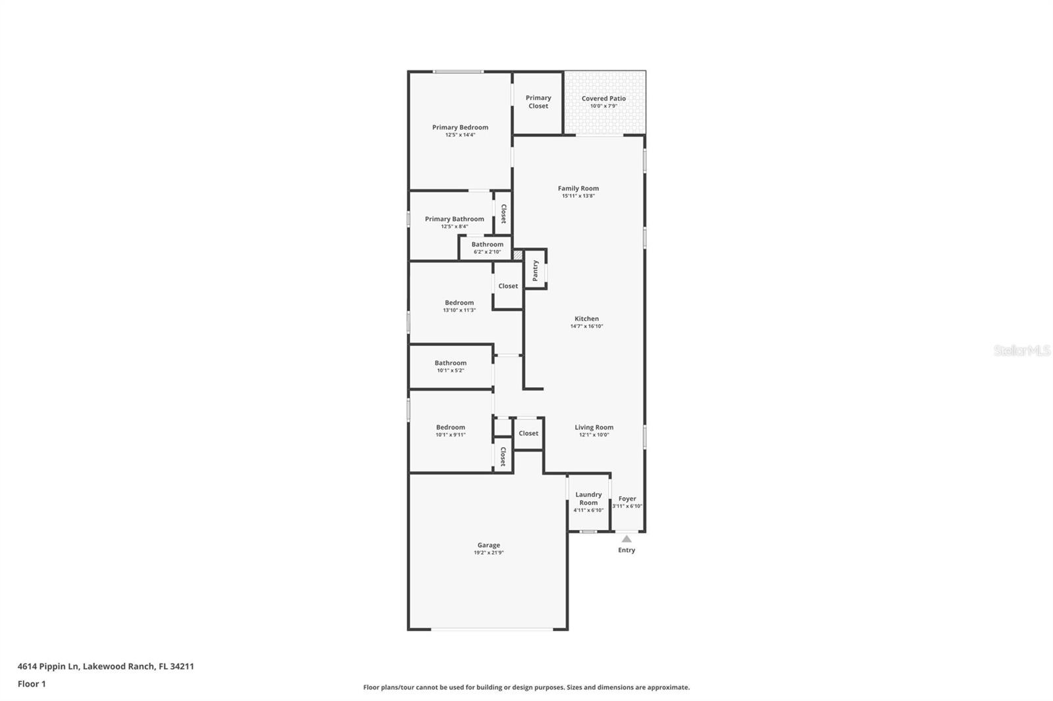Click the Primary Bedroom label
(460, 128)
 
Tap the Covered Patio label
(604, 99)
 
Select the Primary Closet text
(538, 102)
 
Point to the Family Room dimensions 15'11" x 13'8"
(578, 196)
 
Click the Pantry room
(535, 270)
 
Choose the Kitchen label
(586, 319)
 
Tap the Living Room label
(594, 427)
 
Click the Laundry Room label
(588, 498)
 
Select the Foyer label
(627, 498)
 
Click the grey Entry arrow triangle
(627, 539)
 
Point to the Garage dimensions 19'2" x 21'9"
(488, 553)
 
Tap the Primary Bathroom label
(454, 219)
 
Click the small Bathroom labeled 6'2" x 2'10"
(487, 247)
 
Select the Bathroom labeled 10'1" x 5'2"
(450, 366)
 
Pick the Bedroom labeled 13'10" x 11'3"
(459, 306)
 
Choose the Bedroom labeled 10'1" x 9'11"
(450, 431)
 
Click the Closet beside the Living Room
(528, 433)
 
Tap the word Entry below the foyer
(627, 550)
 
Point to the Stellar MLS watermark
(1021, 351)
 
